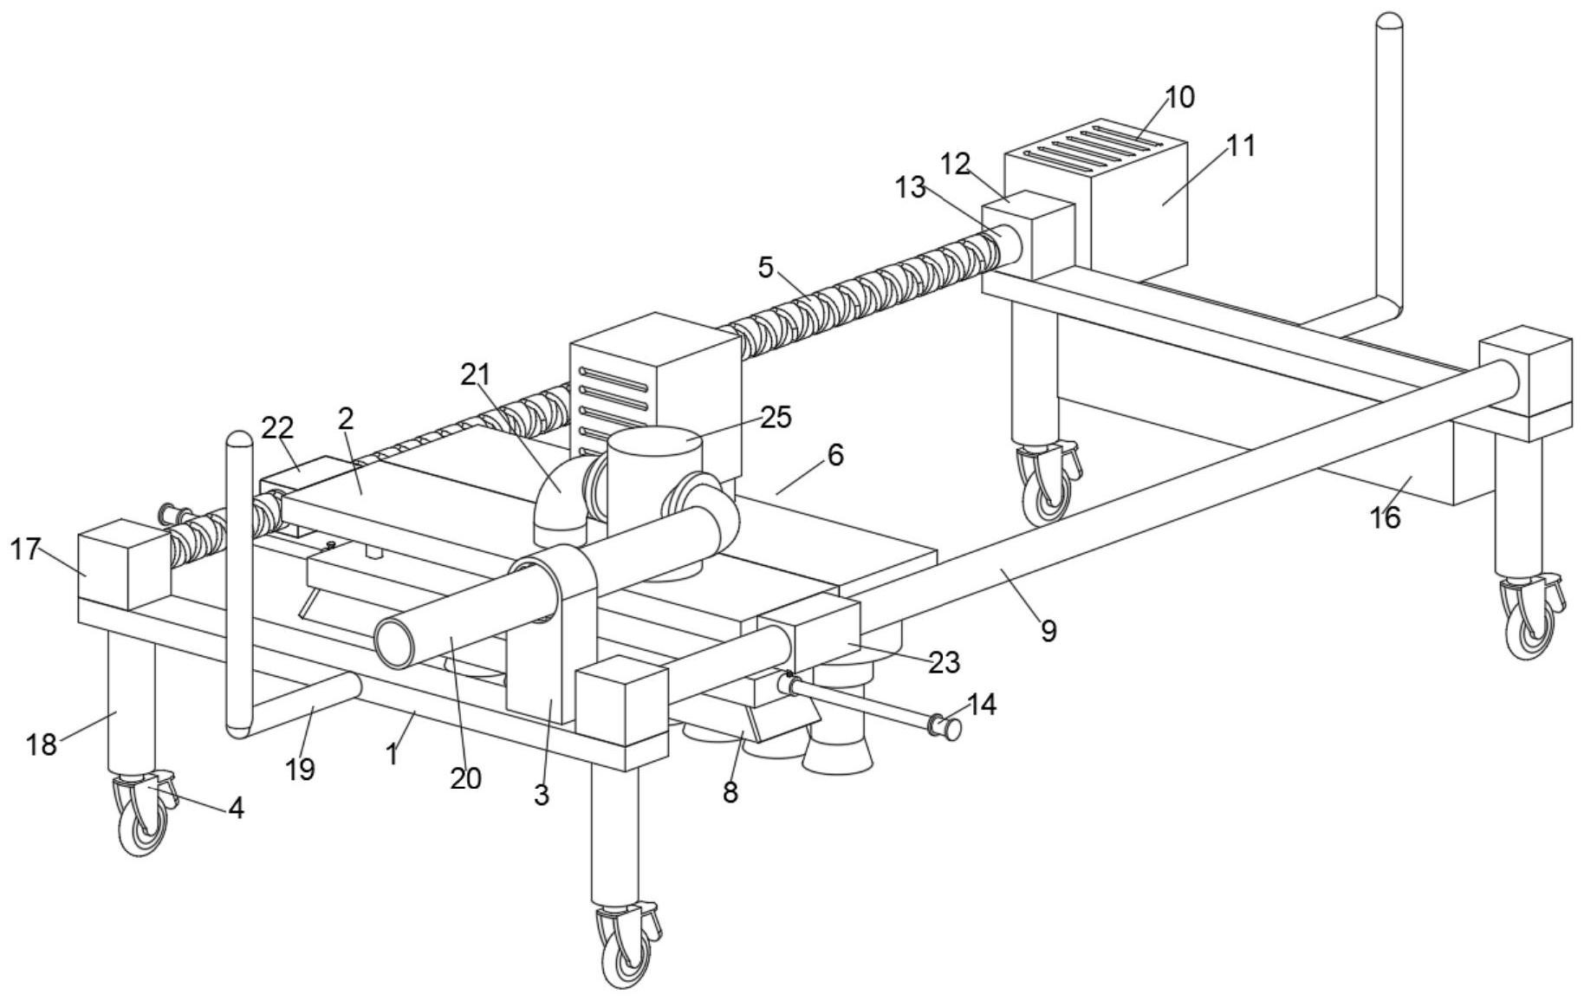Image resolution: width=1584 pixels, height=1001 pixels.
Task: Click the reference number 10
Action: (x=1179, y=97)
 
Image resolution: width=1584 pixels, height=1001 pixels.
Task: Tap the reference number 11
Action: (x=1241, y=145)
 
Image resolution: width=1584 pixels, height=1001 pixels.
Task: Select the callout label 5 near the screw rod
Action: (x=765, y=267)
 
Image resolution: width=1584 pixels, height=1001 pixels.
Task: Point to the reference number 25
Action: (x=776, y=417)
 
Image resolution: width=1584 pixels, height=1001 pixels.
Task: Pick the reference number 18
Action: (x=41, y=744)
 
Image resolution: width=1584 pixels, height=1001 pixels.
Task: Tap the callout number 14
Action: (x=980, y=704)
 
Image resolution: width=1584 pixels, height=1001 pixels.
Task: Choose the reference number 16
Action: (x=1385, y=517)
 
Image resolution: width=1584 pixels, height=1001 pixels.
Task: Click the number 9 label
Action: (x=1048, y=631)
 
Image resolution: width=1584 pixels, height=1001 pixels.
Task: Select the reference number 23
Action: (x=944, y=662)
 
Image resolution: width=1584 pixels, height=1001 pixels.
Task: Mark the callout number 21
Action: (x=475, y=374)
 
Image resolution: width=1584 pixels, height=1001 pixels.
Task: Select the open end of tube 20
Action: (x=395, y=644)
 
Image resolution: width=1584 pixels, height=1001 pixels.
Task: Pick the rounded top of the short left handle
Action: (x=239, y=439)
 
